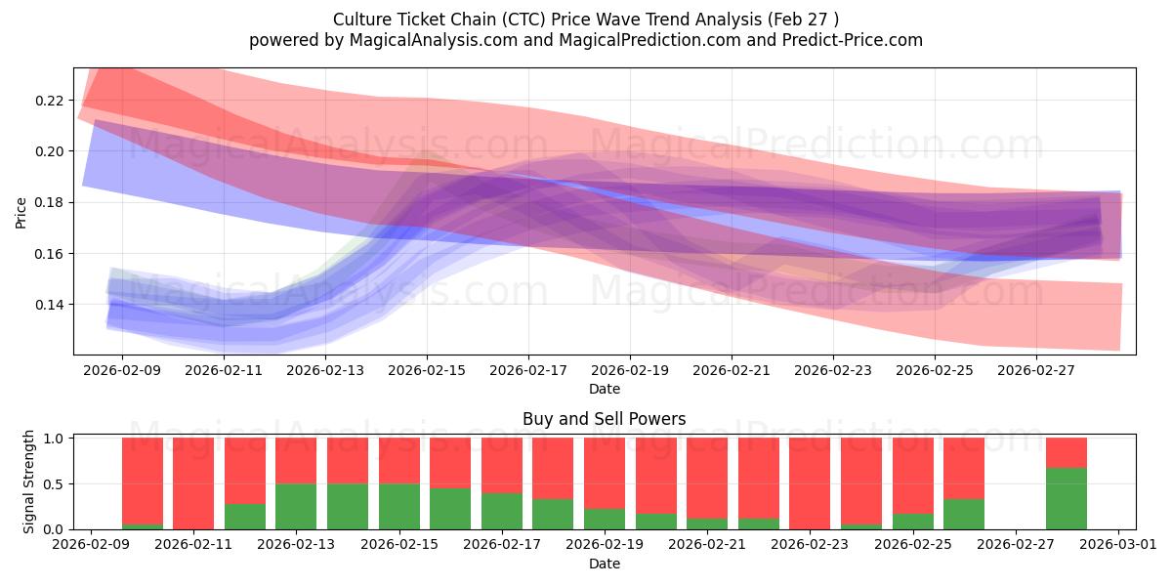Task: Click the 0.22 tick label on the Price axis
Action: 49,101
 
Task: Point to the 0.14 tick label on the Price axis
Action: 49,305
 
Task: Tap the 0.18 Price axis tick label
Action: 49,202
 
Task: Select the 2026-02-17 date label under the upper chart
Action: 528,370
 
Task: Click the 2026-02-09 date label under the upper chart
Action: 122,370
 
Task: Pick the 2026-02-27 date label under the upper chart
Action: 1036,370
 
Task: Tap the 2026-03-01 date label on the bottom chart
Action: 1118,544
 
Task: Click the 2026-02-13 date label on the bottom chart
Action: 297,544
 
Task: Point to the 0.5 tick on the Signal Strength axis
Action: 54,484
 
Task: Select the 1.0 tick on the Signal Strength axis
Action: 54,439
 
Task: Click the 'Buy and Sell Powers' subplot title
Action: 605,419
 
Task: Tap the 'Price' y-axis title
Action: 21,213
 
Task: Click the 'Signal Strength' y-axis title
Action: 28,481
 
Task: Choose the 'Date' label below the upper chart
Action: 605,390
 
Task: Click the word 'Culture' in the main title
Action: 361,20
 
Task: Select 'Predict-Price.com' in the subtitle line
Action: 853,40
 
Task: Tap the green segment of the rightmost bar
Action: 1067,499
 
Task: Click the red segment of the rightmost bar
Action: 1067,453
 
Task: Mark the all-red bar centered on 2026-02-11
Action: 193,483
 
